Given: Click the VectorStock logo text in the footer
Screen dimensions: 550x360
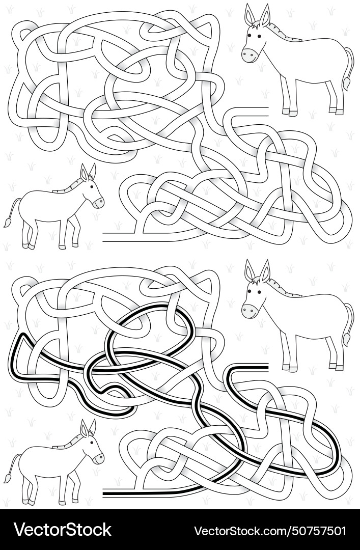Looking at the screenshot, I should pos(62,530).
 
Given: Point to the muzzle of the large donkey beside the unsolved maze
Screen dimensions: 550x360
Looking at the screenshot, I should pos(248,55).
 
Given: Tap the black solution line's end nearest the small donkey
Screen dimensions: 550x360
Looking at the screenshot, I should pos(105,492).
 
